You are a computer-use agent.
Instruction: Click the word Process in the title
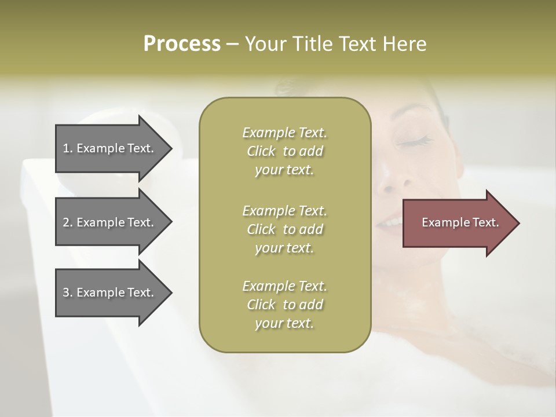182,44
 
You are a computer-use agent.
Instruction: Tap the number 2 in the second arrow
66,222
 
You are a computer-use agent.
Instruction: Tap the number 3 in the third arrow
66,292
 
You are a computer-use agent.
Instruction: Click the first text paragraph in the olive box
284,151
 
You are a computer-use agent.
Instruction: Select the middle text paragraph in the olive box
284,229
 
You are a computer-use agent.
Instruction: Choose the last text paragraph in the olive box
284,305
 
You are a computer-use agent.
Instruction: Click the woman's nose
387,184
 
